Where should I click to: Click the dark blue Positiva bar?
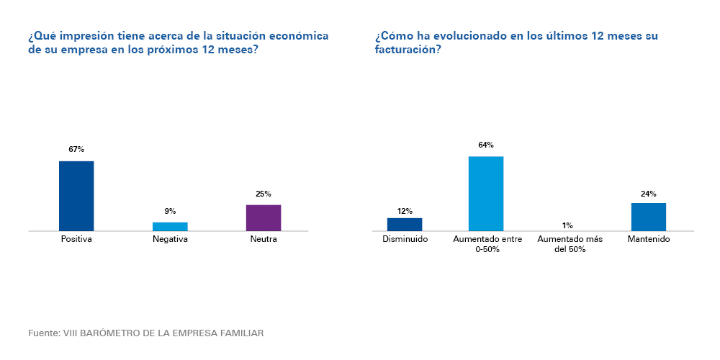76,196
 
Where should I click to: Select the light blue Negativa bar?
170,227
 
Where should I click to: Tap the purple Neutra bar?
264,218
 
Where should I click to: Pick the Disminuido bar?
405,225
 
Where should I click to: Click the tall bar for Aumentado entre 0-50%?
486,194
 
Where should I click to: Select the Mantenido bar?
649,217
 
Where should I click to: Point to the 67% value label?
76,150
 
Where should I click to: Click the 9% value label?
170,211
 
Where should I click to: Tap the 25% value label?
264,194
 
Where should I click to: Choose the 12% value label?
405,211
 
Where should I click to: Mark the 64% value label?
486,145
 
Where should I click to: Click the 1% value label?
567,225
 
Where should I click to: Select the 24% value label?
649,194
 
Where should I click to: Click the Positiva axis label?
76,239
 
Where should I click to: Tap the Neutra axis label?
264,239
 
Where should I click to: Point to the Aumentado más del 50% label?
567,244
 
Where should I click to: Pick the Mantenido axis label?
649,239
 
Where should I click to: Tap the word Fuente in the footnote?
43,333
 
